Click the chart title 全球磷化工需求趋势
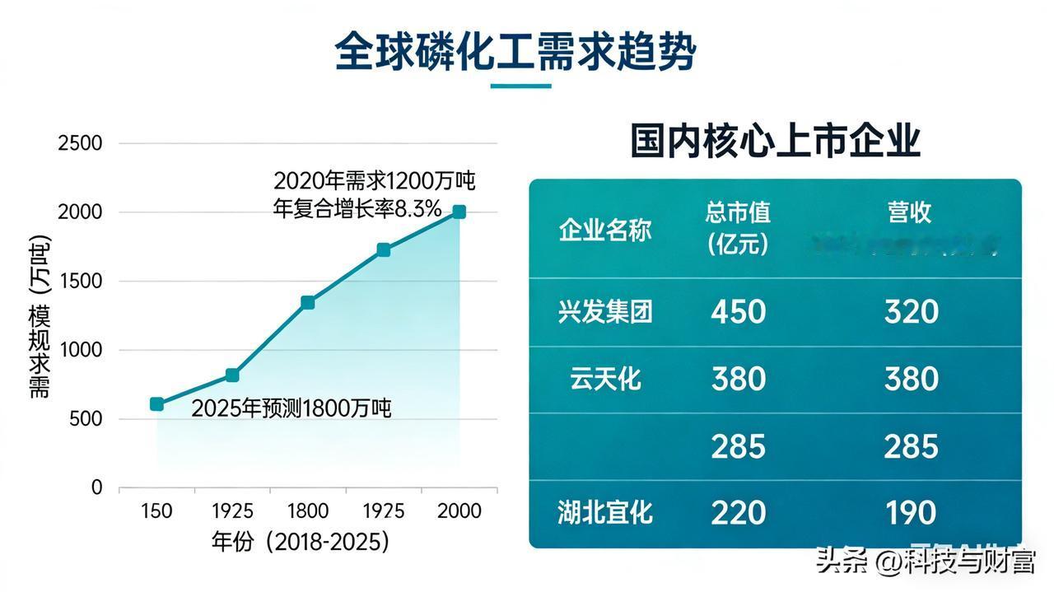(515, 53)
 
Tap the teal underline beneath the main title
(520, 86)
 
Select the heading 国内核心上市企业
(775, 141)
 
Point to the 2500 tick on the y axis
(80, 143)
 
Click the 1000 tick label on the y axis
(80, 350)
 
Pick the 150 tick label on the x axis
(156, 511)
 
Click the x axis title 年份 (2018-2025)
(300, 542)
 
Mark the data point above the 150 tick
(156, 403)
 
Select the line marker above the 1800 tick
(307, 302)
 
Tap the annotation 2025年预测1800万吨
(291, 408)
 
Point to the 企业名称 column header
(605, 230)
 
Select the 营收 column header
(910, 212)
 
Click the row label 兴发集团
(605, 312)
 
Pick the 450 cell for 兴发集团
(738, 312)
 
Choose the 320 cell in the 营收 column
(911, 312)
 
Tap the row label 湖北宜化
(605, 513)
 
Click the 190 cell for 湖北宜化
(911, 513)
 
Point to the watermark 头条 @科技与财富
(925, 562)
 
